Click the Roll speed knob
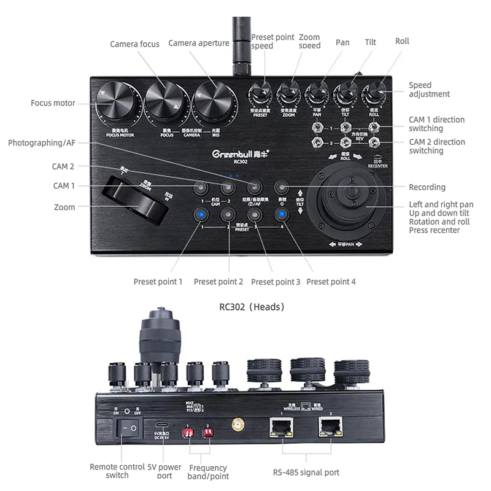[374, 95]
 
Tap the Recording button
[281, 187]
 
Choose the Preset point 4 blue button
[281, 215]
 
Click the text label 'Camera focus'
[134, 44]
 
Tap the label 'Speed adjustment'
[429, 90]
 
